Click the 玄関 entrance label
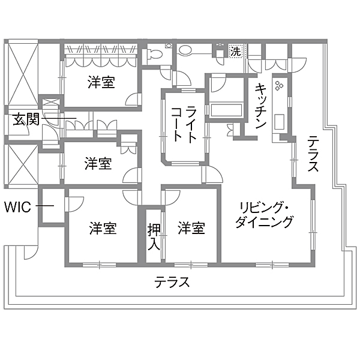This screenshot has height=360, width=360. point(26,119)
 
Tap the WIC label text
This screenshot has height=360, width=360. point(17,207)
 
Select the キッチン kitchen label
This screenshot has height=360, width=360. point(261,106)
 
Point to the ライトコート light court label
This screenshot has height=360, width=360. point(184,124)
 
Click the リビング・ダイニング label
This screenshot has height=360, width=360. point(265,215)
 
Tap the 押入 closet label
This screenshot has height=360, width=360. point(154,237)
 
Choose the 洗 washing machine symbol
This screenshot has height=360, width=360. point(236,51)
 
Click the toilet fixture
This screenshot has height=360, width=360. point(152,55)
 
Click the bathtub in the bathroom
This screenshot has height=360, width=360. point(226,110)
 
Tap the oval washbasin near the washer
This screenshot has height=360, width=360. point(185,50)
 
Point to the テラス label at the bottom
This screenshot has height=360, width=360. point(172,282)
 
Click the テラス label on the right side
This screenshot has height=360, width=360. point(313,154)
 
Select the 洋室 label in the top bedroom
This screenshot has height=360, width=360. point(101,82)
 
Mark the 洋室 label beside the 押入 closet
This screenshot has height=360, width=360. point(191,228)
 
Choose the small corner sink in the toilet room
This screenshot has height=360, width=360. point(169,46)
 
